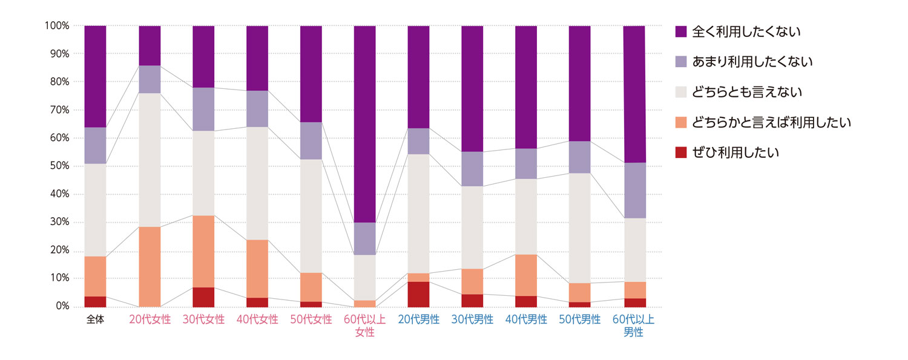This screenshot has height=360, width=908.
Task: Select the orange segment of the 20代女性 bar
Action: point(150,266)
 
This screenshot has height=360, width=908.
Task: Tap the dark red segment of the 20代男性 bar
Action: point(418,294)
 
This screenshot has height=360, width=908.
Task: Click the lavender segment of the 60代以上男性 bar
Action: point(634,191)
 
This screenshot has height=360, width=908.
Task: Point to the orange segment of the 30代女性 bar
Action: point(203,251)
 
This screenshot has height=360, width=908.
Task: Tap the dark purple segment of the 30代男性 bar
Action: point(472,88)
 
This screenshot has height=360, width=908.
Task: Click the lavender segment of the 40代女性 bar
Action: point(257,109)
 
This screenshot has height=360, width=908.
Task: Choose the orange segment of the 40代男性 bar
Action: point(526,275)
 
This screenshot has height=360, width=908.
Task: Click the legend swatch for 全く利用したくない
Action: point(681,31)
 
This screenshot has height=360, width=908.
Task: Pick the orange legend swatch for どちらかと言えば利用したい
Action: point(681,122)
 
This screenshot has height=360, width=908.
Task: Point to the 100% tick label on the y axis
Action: point(57,26)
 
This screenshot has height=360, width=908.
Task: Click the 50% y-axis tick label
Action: point(59,166)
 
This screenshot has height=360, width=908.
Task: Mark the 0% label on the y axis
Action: point(62,307)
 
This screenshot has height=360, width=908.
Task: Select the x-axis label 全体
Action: point(95,319)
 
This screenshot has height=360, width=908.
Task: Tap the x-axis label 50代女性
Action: point(311,319)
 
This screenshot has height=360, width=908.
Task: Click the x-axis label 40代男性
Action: point(526,319)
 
